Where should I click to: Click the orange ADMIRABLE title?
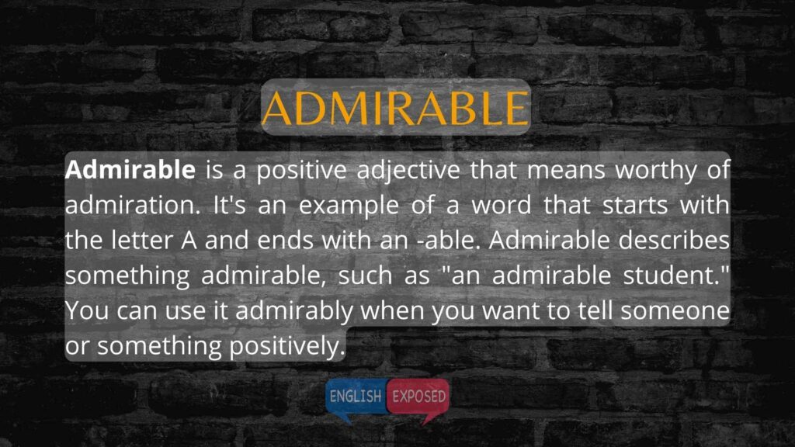395,108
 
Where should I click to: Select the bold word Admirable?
130,169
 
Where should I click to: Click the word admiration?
133,205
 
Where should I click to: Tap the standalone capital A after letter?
189,241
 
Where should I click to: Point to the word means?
566,170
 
